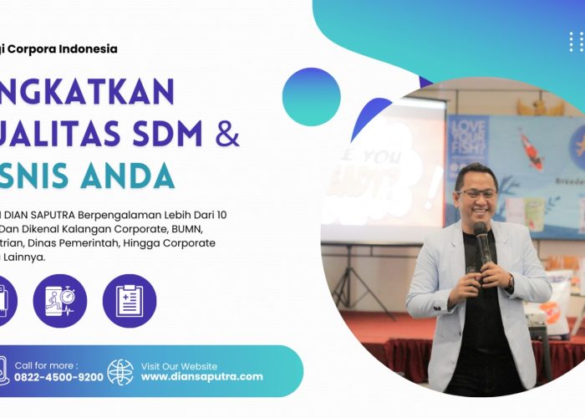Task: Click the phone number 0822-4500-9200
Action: click(x=59, y=377)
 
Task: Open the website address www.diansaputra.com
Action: click(x=201, y=377)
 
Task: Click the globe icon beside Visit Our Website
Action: click(x=120, y=371)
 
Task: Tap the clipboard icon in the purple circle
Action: click(x=130, y=301)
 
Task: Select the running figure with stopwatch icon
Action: click(x=60, y=301)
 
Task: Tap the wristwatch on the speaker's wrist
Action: click(x=510, y=284)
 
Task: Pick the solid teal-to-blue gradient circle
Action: click(x=311, y=96)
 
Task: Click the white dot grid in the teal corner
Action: click(x=576, y=42)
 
